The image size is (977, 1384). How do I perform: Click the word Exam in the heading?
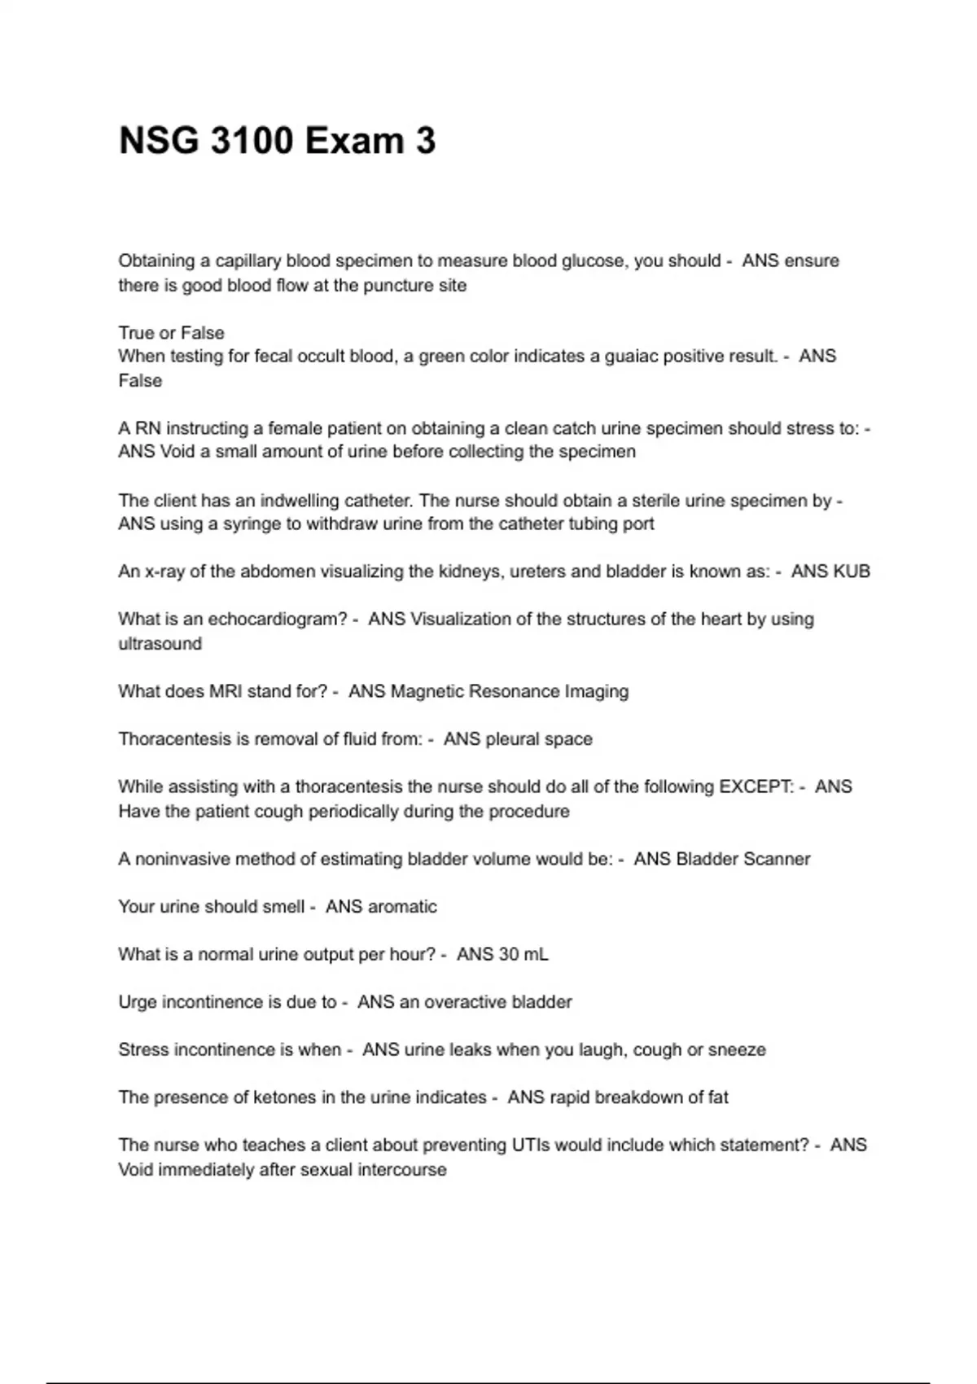354,141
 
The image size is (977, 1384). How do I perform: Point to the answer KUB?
852,572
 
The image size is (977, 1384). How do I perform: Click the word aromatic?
402,907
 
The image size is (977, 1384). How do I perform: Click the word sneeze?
737,1050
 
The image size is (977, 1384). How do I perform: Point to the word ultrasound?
160,644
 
